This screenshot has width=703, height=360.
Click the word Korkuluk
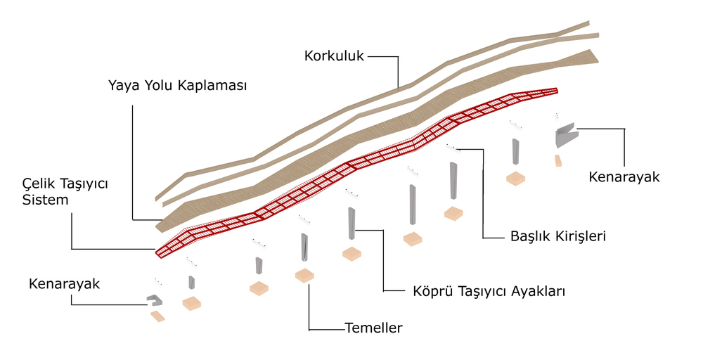coord(334,56)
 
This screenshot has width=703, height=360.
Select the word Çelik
coord(39,184)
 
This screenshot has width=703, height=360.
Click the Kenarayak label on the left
coord(64,284)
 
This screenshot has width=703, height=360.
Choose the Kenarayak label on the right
coord(624,176)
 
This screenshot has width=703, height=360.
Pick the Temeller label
coord(373,328)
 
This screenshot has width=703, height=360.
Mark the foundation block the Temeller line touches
coord(304,275)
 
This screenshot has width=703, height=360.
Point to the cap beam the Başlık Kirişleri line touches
coord(453,146)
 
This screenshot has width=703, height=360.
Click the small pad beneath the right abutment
coord(558,161)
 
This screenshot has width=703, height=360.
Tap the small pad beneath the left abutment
coord(157,316)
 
